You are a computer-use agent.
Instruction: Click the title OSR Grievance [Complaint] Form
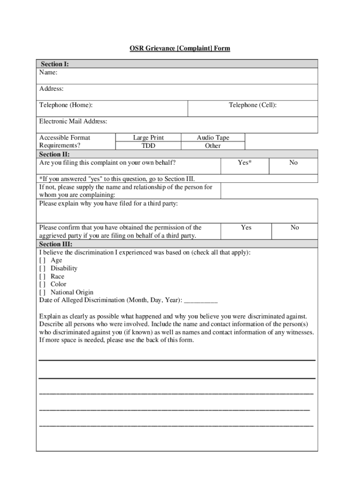[180, 48]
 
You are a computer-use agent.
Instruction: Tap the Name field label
[49, 73]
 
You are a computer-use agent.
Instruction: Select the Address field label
[51, 89]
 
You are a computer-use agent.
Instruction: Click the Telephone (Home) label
[66, 105]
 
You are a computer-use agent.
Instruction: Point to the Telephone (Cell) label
[252, 105]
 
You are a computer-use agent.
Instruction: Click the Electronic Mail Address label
[73, 122]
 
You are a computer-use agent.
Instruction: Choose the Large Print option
[148, 138]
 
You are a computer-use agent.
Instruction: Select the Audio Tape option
[213, 138]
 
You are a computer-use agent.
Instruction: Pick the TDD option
[148, 145]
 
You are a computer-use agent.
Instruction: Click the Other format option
[213, 145]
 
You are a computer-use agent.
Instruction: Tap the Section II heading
[55, 154]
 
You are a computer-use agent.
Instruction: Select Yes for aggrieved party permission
[246, 227]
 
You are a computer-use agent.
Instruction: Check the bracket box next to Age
[43, 260]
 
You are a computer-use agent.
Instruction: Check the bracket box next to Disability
[43, 268]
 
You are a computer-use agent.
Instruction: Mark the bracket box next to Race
[43, 276]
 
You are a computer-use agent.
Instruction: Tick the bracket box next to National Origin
[43, 292]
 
